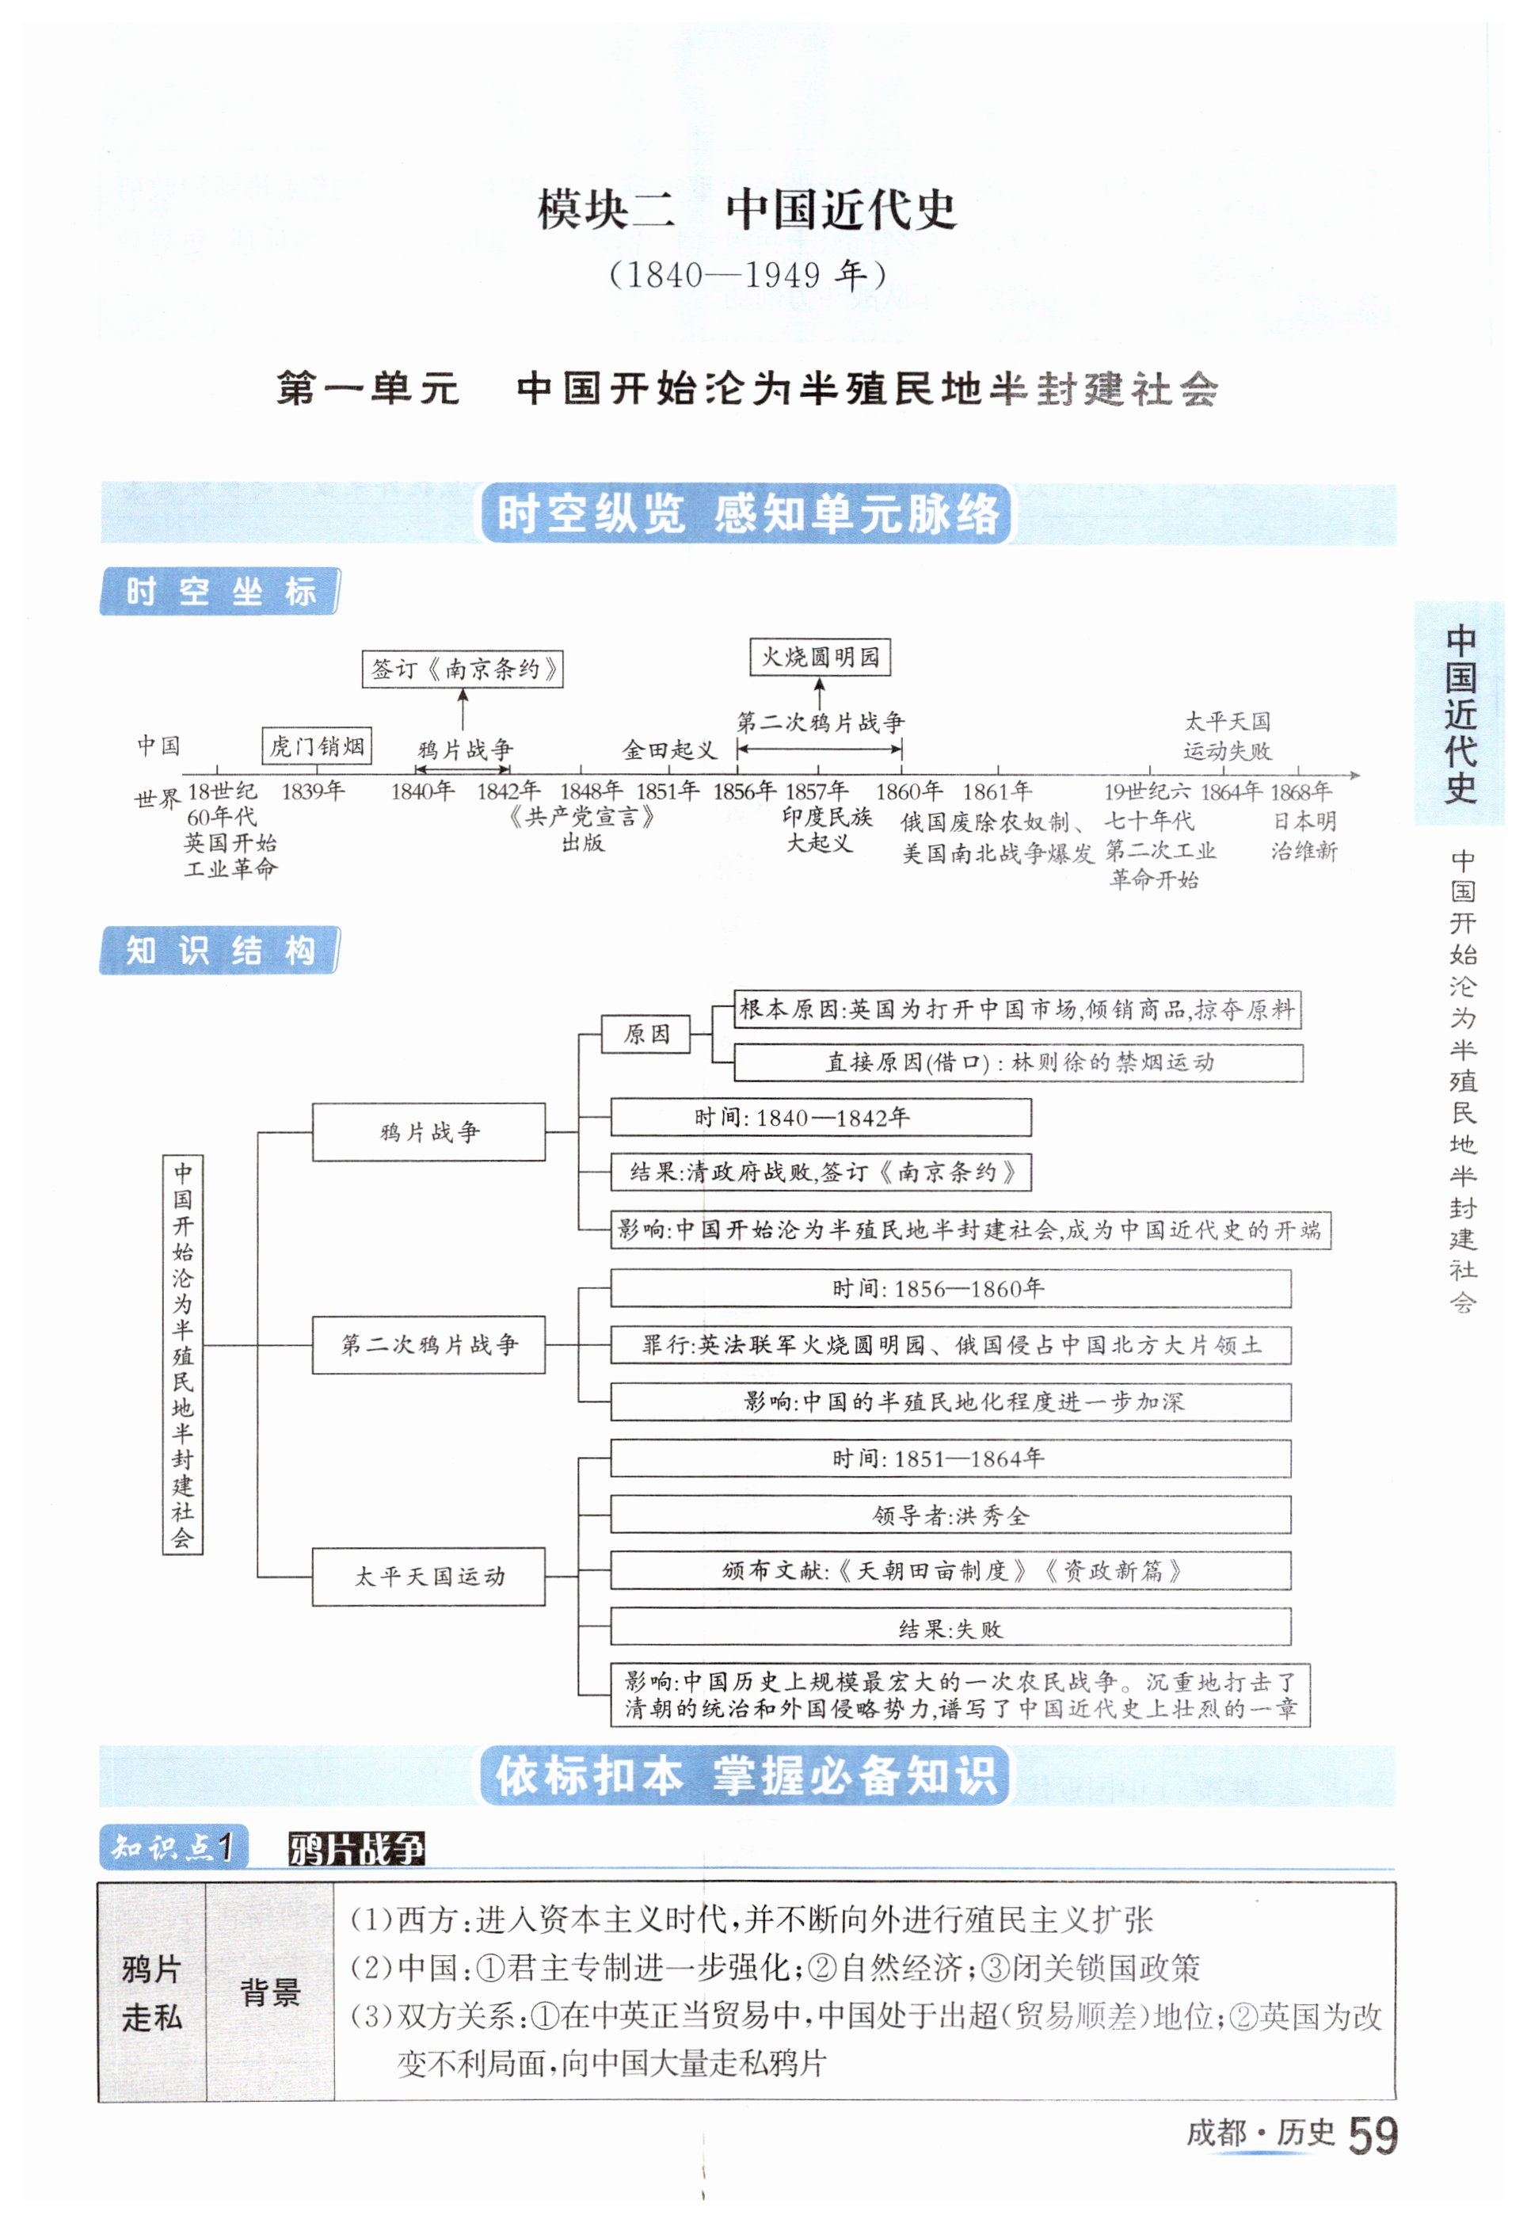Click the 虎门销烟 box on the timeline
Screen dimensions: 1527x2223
[x=317, y=746]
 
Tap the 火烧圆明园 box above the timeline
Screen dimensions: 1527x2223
[x=820, y=658]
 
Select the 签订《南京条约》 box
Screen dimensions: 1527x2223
[x=462, y=669]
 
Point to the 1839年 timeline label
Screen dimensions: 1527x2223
[x=313, y=791]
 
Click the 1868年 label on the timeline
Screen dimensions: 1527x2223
[x=1300, y=791]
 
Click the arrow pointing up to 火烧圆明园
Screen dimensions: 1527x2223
[x=820, y=693]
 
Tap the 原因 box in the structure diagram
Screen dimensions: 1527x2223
[x=645, y=1034]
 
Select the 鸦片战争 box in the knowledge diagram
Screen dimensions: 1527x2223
[x=428, y=1132]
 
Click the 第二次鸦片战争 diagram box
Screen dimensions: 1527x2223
[x=428, y=1344]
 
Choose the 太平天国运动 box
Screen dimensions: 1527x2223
[x=428, y=1576]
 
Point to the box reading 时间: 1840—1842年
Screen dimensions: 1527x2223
[x=820, y=1118]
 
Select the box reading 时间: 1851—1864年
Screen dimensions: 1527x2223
[x=950, y=1458]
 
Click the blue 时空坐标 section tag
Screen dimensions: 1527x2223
[x=219, y=591]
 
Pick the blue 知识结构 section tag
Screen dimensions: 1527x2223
[x=219, y=950]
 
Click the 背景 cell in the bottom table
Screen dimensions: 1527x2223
[x=270, y=1992]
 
